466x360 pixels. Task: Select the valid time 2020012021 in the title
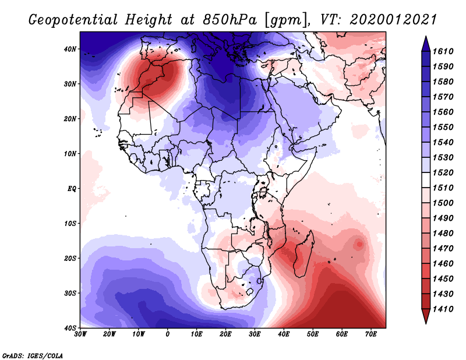pos(393,19)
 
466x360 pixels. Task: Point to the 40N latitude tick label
pos(70,49)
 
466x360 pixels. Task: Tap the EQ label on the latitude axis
pos(71,188)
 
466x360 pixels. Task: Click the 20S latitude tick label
pos(70,258)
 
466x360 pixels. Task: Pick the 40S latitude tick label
pos(70,327)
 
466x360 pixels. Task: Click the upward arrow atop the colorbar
pos(425,43)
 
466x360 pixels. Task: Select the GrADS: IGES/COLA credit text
pos(33,355)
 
